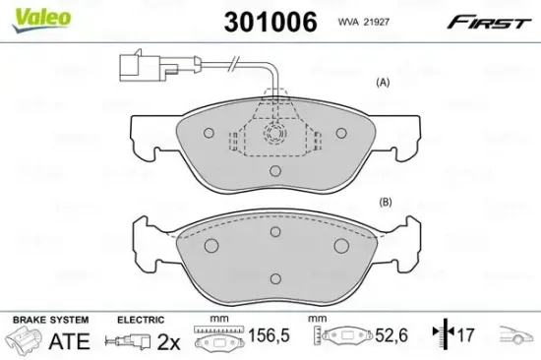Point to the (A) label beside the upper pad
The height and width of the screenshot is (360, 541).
tap(384, 84)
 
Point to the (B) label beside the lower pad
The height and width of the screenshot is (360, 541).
tap(385, 203)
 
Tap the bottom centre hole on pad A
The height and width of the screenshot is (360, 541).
tap(271, 170)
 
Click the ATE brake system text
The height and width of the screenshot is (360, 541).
tap(63, 341)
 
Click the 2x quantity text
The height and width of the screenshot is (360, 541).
tap(170, 341)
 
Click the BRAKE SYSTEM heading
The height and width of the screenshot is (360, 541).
tap(49, 321)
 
